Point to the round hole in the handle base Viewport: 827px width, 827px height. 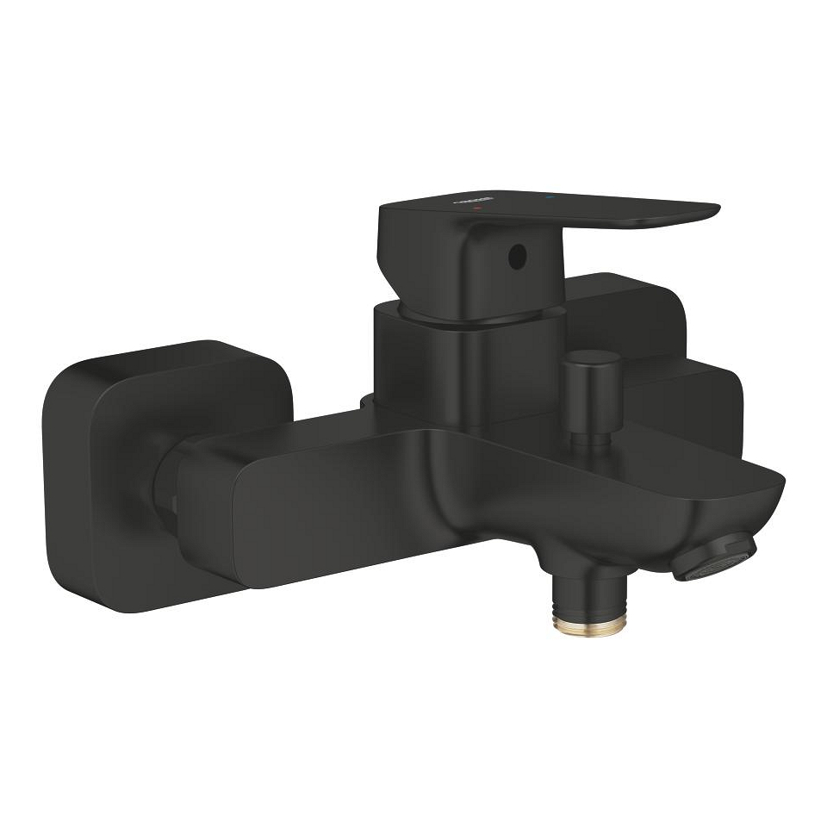pyautogui.click(x=515, y=254)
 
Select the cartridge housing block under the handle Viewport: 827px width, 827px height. pyautogui.click(x=422, y=362)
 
